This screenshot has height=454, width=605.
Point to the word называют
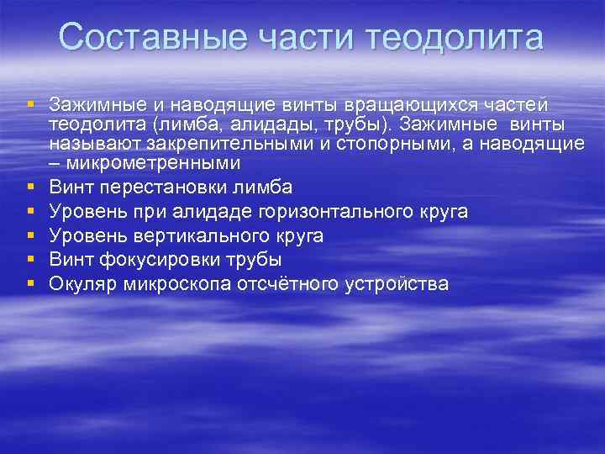87,144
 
